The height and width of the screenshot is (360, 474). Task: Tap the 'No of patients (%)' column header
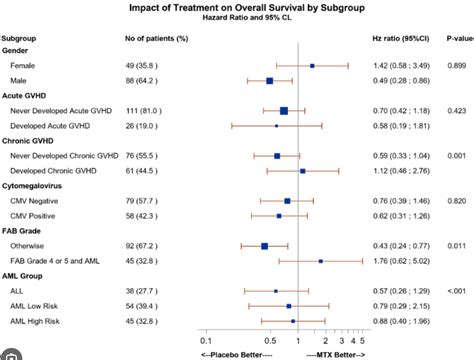point(155,37)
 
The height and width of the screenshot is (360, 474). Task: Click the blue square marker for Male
point(269,80)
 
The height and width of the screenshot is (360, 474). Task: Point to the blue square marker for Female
point(312,65)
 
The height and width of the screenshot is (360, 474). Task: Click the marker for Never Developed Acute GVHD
point(284,111)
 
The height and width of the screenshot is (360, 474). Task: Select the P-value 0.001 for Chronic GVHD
point(455,156)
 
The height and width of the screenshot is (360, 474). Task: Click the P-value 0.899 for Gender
point(455,65)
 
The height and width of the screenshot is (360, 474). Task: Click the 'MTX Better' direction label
point(335,355)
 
